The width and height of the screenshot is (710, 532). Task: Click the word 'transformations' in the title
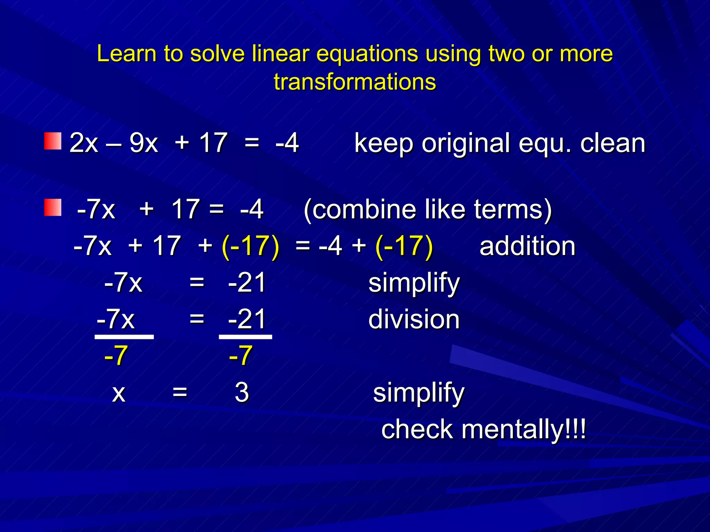[355, 82]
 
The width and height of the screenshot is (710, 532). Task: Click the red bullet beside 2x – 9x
[53, 141]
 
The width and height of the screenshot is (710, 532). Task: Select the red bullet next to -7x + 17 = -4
[53, 207]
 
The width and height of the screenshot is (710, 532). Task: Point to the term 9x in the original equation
[144, 143]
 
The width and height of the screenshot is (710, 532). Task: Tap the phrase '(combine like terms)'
[427, 210]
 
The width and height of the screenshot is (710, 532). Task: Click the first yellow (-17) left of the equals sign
[250, 246]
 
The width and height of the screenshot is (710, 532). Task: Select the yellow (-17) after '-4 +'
[404, 246]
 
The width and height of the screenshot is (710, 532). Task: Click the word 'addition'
[527, 246]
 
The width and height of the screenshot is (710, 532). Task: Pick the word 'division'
[414, 319]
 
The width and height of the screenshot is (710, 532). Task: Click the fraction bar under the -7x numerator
[124, 337]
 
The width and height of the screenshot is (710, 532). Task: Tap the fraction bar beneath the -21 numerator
[245, 337]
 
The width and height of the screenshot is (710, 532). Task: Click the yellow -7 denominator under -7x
[116, 356]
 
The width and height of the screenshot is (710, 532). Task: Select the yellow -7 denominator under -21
[240, 356]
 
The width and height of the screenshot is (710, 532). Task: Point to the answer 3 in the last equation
[242, 392]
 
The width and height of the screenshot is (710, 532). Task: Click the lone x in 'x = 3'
[119, 393]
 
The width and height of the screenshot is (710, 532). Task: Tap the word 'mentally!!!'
[523, 429]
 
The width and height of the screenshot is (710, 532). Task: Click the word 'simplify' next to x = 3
[418, 393]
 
